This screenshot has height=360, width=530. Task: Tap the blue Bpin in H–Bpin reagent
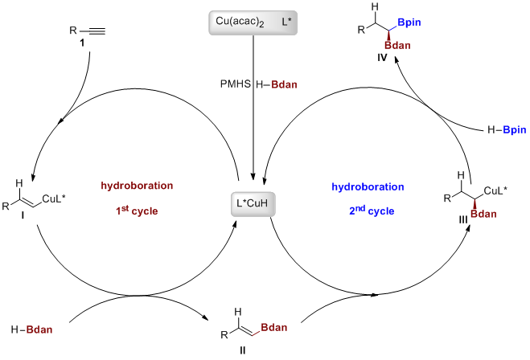coord(507,129)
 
